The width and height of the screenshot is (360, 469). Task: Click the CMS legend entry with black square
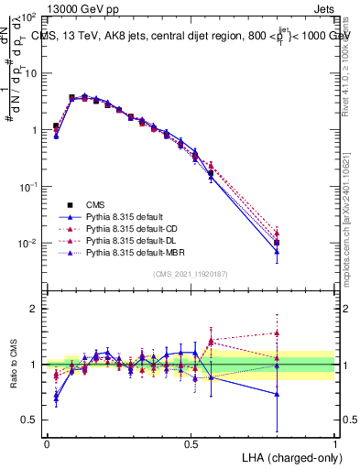96,204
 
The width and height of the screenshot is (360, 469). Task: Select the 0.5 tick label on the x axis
191,442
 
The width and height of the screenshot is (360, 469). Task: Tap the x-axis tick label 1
335,442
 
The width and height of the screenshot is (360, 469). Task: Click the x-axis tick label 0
47,442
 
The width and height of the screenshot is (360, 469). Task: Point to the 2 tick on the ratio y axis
34,309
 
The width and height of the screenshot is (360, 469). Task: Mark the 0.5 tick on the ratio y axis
29,420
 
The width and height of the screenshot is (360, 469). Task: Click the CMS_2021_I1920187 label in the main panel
190,274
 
